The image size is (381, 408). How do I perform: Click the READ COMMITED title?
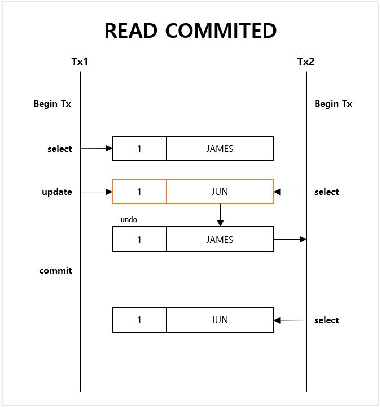[x=190, y=31]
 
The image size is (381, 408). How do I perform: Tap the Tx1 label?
[x=80, y=61]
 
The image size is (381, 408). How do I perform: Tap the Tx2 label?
[x=306, y=61]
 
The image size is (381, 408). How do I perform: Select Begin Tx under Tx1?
[x=52, y=104]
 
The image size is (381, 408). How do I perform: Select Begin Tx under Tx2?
[x=334, y=104]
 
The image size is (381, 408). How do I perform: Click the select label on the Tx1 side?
[x=60, y=149]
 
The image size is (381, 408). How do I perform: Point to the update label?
[x=57, y=192]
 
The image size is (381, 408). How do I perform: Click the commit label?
[x=55, y=270]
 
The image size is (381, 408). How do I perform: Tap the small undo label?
[x=129, y=219]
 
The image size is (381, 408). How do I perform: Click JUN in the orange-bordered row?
[x=220, y=192]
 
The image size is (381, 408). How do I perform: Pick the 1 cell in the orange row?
[x=139, y=192]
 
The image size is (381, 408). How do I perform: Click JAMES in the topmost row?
[x=220, y=149]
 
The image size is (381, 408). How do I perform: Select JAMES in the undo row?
[x=220, y=240]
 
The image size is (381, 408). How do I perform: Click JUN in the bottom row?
[x=220, y=320]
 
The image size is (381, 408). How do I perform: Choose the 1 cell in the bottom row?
[x=139, y=320]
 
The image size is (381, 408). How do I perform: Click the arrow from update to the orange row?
[x=97, y=192]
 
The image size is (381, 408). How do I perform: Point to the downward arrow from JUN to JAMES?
[x=220, y=215]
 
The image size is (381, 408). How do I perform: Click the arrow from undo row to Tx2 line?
[x=290, y=240]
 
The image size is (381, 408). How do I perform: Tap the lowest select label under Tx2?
[x=327, y=320]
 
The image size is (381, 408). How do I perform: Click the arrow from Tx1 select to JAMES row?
[x=97, y=149]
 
